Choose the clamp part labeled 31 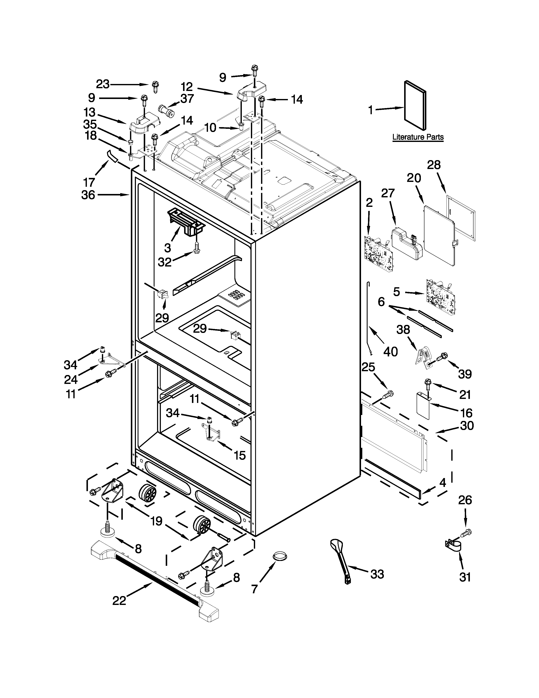point(453,546)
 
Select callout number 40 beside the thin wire point(390,352)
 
